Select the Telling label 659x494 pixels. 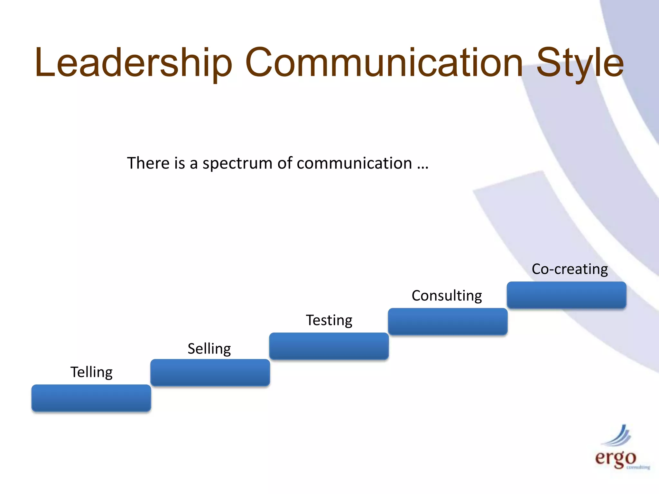(91, 372)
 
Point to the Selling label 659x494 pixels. (209, 349)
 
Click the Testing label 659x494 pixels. (329, 320)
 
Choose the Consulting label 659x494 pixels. (447, 296)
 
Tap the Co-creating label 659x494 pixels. (570, 269)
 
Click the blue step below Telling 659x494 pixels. (91, 398)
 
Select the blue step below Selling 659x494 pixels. (210, 372)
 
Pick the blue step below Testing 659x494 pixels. (329, 346)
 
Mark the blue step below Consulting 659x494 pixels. (448, 321)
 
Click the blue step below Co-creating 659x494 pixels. (566, 295)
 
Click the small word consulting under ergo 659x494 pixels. (638, 467)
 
